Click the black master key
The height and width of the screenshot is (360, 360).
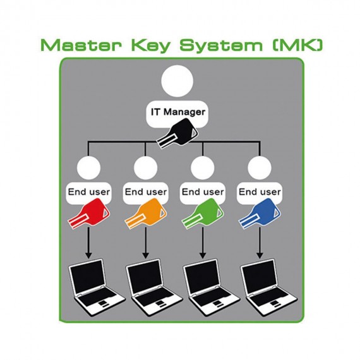click(x=177, y=133)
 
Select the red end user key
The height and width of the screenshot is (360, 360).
click(x=89, y=214)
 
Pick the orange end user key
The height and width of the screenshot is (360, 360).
click(x=146, y=214)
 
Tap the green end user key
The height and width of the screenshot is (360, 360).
click(x=203, y=214)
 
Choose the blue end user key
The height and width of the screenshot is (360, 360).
click(x=260, y=214)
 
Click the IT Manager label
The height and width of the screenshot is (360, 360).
click(x=178, y=112)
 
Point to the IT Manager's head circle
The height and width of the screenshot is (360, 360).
click(x=177, y=81)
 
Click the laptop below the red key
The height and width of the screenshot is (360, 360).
click(x=97, y=287)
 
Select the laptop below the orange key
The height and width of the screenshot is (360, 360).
click(x=154, y=287)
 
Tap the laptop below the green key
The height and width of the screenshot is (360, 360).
click(x=211, y=287)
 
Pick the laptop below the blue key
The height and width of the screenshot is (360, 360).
click(x=268, y=287)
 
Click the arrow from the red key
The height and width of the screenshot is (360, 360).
click(x=88, y=243)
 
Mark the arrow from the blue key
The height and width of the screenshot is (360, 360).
click(x=260, y=243)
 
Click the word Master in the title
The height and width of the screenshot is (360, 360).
click(x=81, y=45)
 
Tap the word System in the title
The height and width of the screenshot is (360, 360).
click(x=221, y=47)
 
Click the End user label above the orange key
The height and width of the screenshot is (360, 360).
click(x=146, y=192)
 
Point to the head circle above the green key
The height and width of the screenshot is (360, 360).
click(x=203, y=167)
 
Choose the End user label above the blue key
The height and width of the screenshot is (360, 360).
click(x=260, y=192)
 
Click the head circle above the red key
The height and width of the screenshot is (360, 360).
click(x=88, y=167)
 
